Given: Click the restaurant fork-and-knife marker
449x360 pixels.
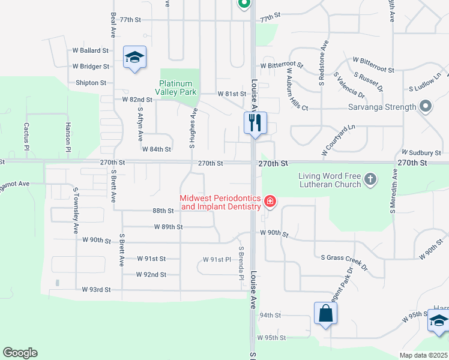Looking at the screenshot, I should pos(255,124).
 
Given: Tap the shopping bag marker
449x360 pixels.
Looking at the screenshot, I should pos(325,313).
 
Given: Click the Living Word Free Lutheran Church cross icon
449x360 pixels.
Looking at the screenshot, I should pos(371,179).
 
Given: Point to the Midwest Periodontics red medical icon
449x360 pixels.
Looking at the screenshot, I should pos(270,201).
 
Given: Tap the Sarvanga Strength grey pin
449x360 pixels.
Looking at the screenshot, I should pos(426,107).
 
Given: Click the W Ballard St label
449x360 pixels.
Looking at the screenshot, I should pos(91,51).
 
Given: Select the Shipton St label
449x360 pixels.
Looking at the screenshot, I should pos(91,83).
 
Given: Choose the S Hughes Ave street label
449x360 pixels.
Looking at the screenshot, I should pos(193,128).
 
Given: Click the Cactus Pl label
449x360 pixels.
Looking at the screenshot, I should pos(26,133).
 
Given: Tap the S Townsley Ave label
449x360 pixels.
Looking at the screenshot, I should pos(76,210).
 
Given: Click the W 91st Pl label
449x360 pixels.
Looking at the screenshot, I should pos(217,259).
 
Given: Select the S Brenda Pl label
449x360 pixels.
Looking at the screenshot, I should pos(241,263).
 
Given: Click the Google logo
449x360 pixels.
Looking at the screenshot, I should pos(20,353).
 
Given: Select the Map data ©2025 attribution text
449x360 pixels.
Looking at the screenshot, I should pos(423,355).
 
